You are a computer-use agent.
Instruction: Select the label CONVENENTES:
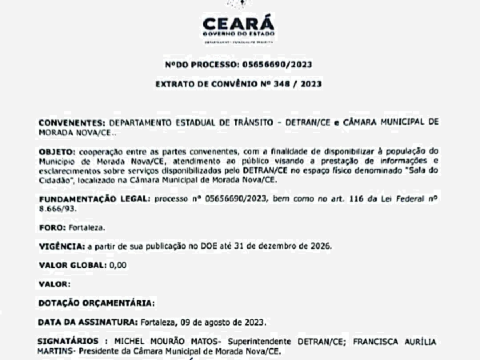72,122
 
